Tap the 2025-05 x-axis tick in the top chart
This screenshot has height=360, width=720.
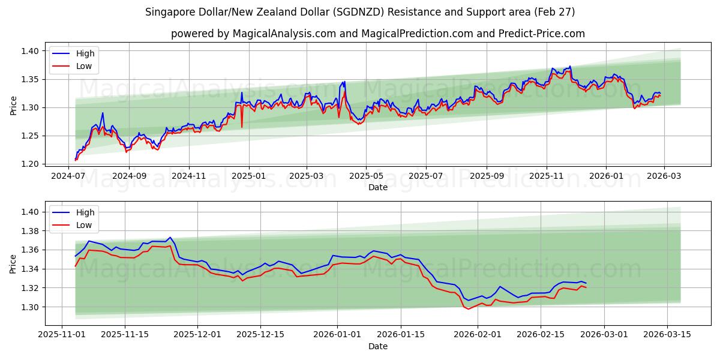365,176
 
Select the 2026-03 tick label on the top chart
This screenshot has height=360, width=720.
665,176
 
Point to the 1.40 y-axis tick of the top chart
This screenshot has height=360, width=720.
29,52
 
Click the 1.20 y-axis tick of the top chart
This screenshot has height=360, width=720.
29,164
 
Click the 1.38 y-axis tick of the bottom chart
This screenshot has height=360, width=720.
29,231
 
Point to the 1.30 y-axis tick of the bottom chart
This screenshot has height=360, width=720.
29,307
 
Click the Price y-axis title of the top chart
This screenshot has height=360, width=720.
13,106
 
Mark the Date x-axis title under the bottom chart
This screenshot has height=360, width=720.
378,346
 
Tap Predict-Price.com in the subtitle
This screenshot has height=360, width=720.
542,34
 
